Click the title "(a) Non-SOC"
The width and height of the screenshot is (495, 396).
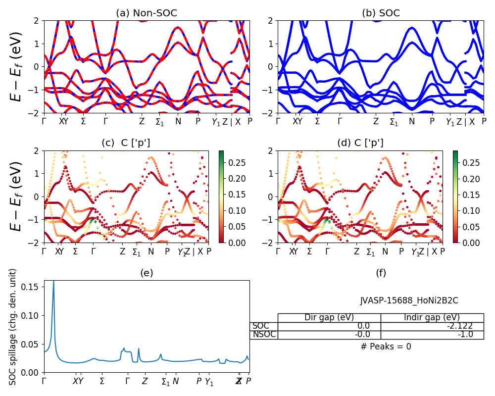click(147, 13)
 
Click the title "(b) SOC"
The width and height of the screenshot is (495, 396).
click(381, 13)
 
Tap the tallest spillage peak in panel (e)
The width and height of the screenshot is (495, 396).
click(53, 282)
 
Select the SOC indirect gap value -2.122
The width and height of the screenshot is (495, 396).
click(459, 326)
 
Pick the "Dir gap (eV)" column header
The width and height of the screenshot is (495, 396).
click(329, 317)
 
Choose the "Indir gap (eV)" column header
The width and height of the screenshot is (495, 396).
click(432, 317)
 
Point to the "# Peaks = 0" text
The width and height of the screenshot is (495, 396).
click(386, 346)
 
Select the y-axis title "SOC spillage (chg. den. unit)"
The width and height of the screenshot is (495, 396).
click(13, 327)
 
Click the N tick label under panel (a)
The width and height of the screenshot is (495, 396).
click(178, 121)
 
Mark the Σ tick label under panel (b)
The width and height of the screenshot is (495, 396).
click(317, 121)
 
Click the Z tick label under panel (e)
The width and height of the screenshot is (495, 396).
click(145, 381)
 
